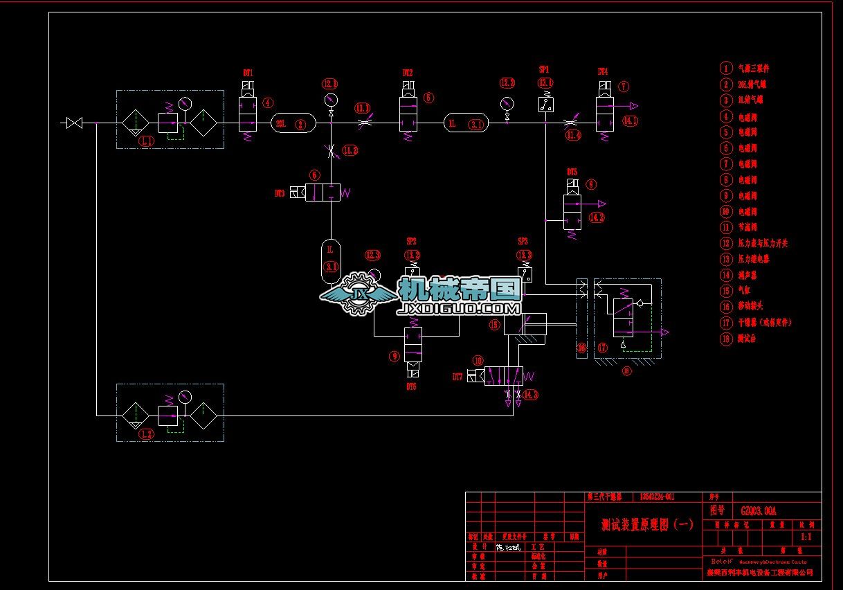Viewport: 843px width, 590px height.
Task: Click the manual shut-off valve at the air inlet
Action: click(74, 123)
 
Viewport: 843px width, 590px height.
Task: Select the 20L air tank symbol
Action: click(291, 124)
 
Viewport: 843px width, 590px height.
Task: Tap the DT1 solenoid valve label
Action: click(248, 73)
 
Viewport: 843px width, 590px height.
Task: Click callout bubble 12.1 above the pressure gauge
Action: click(330, 84)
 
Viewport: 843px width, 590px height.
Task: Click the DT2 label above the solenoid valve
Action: click(408, 73)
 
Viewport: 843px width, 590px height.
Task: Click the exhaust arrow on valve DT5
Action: click(601, 204)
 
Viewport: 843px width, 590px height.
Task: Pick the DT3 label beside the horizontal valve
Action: click(280, 194)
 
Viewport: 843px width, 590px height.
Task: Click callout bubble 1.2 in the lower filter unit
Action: click(147, 434)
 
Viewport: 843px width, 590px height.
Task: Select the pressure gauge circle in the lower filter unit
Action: click(185, 397)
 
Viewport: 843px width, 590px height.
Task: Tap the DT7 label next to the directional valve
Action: click(457, 377)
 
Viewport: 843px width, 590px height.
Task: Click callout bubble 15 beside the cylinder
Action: click(495, 323)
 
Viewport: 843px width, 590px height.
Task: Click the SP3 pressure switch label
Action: click(523, 241)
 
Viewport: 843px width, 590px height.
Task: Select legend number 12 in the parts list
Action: click(725, 243)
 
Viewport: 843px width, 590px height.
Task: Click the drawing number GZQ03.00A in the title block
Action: click(759, 511)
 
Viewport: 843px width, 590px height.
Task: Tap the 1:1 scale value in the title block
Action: click(806, 537)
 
